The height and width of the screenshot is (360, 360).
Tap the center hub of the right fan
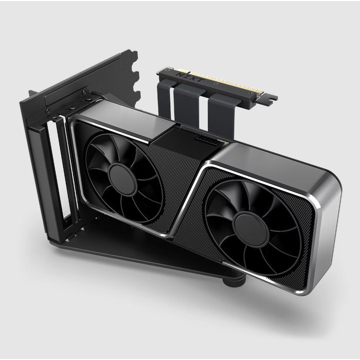point(250,226)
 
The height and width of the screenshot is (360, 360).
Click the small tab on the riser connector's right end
point(269,97)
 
